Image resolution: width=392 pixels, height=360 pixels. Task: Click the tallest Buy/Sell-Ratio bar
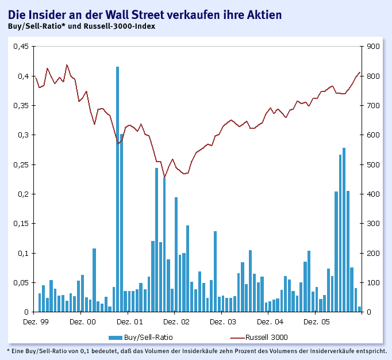[117, 190]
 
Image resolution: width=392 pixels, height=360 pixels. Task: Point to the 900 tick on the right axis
[373, 47]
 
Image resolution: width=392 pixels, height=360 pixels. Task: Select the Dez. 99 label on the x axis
[36, 321]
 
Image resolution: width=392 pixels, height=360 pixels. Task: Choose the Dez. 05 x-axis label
[316, 321]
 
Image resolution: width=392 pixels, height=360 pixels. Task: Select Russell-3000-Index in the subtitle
[121, 26]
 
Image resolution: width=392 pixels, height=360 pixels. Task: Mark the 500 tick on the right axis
[373, 164]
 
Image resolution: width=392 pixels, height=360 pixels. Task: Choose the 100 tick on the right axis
[373, 282]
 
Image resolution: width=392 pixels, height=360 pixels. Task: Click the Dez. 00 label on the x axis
[83, 321]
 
